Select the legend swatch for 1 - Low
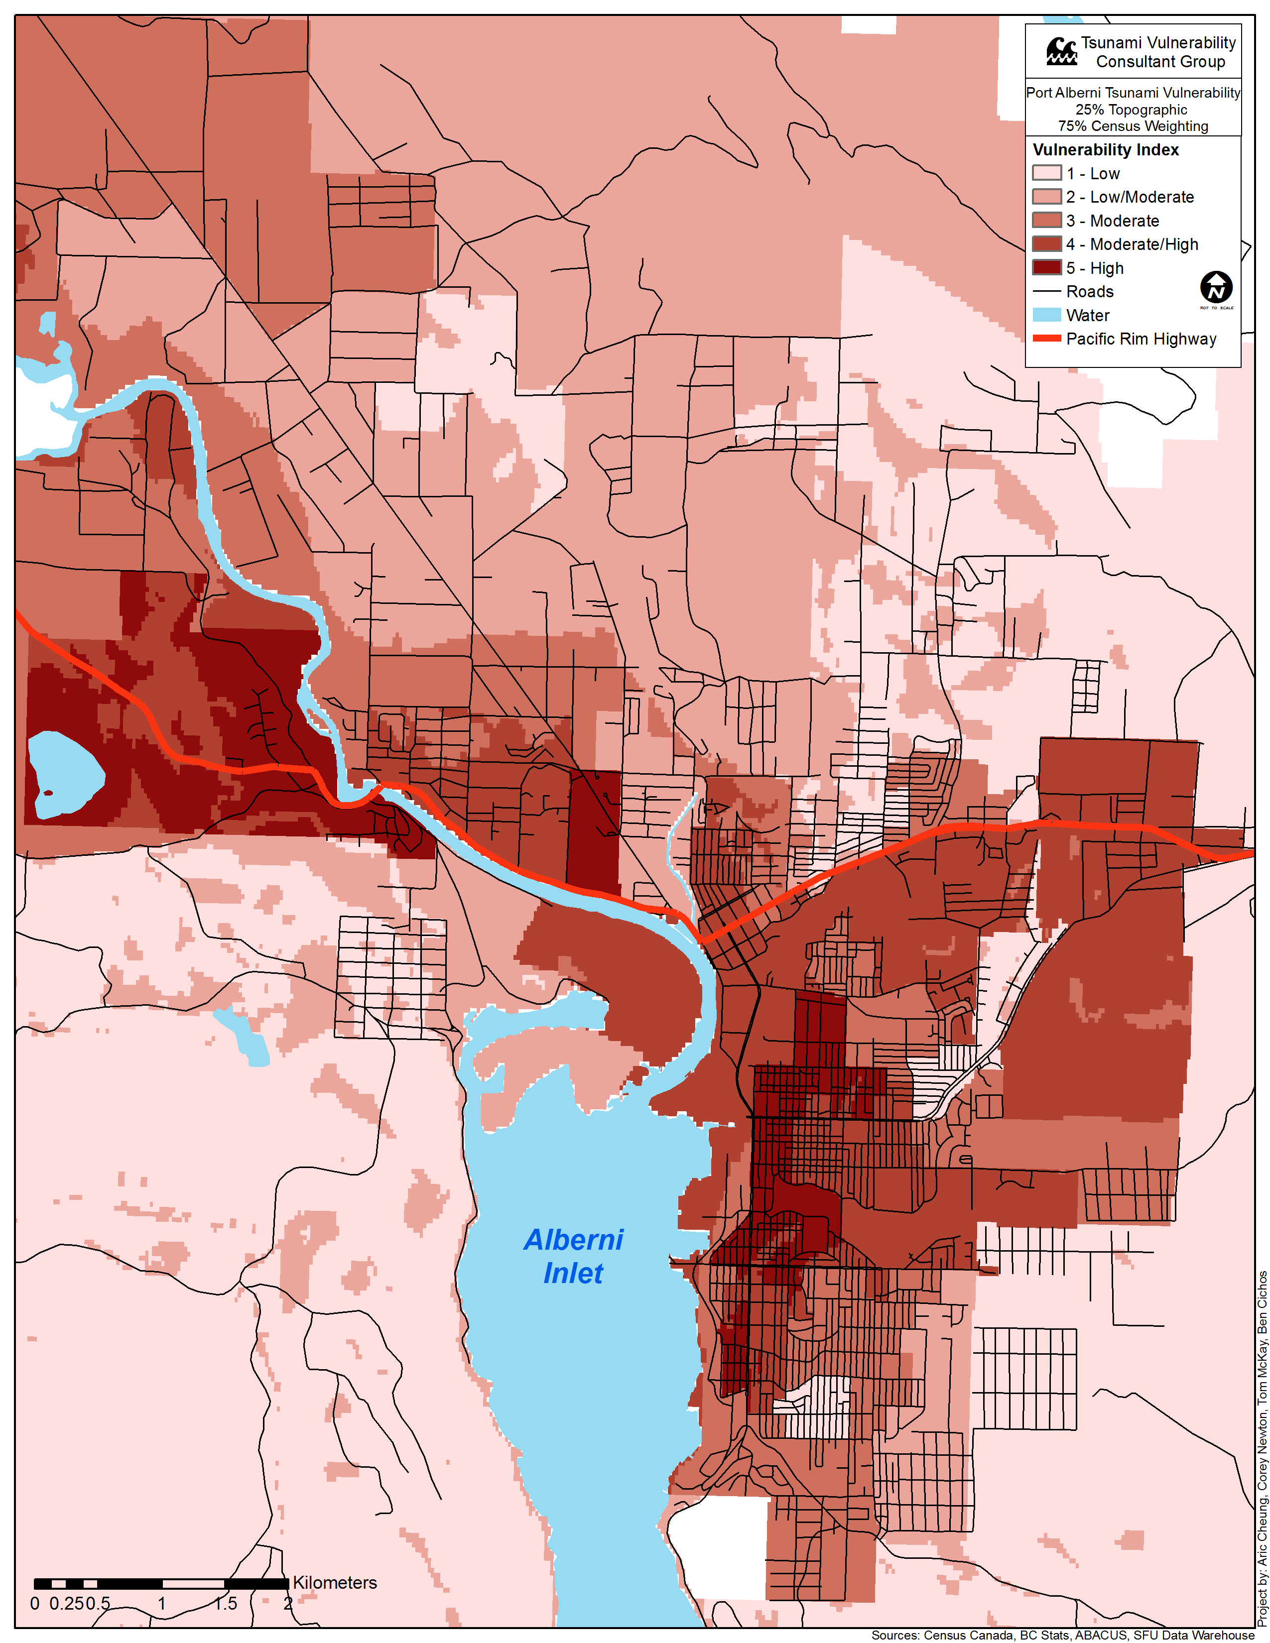tap(1046, 173)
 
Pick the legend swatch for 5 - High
tap(1046, 268)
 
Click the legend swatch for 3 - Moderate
tap(1046, 221)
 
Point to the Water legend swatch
tap(1046, 315)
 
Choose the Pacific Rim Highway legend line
tap(1046, 339)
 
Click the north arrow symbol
tap(1216, 287)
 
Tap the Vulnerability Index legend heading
tap(1105, 150)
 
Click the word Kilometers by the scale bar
tap(335, 1582)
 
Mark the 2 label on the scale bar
tap(287, 1603)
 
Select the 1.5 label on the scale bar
tap(225, 1603)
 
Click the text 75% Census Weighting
tap(1133, 126)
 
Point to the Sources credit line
tap(1062, 1635)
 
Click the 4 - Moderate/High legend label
tap(1132, 244)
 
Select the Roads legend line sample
tap(1046, 291)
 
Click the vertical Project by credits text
tap(1262, 1448)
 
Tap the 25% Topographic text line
tap(1132, 110)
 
